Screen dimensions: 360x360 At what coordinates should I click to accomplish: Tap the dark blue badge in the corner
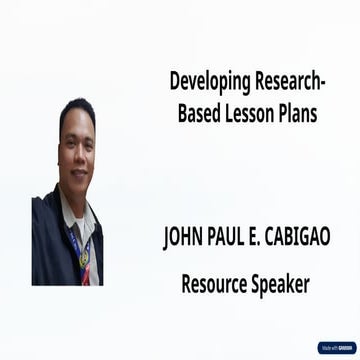(337, 347)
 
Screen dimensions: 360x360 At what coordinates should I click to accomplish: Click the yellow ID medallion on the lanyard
(85, 256)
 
